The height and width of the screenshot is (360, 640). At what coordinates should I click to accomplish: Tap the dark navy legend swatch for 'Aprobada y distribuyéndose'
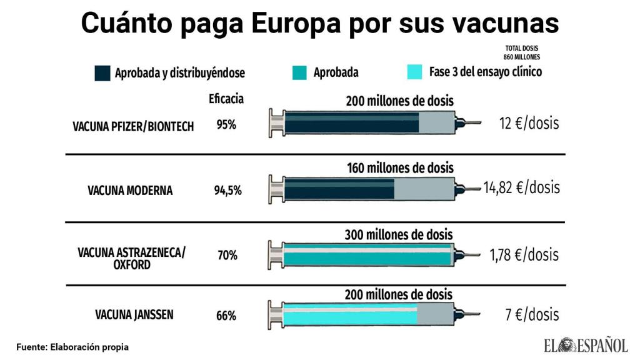coord(102,72)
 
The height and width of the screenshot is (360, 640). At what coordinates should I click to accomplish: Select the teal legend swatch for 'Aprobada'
coord(299,72)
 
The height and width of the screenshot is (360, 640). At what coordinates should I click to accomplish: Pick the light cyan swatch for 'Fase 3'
coord(415,72)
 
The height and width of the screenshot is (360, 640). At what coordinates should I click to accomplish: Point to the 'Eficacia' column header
coord(226,99)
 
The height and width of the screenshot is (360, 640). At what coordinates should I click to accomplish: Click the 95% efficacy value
coord(226,125)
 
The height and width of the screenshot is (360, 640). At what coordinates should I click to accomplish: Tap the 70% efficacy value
coord(227,255)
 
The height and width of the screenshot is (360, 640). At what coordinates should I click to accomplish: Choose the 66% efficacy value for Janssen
coord(226,316)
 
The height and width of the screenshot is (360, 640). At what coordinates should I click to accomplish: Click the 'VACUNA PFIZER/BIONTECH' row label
coord(133,126)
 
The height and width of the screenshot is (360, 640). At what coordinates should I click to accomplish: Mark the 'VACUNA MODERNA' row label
coord(130,191)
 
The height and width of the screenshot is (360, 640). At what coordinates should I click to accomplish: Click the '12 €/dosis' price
coord(529,123)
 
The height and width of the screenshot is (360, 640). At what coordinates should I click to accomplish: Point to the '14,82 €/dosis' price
coord(521,187)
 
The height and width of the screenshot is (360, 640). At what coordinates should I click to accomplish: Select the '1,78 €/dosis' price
coord(524,254)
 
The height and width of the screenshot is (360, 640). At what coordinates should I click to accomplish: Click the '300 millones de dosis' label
coord(399,235)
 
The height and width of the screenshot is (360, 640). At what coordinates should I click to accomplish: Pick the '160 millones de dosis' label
coord(400,168)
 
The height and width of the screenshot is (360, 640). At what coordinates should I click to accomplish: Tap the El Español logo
coord(586,344)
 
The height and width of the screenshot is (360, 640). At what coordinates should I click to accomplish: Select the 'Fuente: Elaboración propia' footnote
coord(72,346)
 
